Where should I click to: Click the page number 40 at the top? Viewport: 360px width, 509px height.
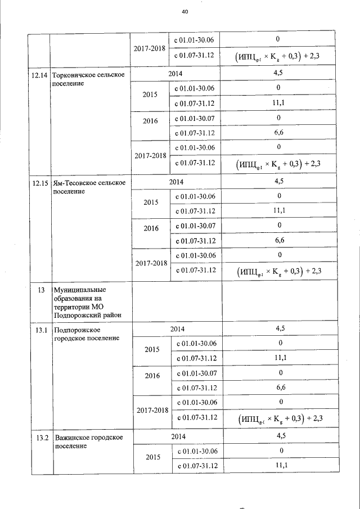click(185, 12)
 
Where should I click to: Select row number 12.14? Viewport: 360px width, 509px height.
click(39, 74)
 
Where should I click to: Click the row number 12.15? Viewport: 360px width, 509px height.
click(39, 182)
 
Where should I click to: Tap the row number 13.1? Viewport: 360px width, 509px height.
click(39, 329)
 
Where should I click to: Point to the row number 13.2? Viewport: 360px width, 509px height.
click(39, 437)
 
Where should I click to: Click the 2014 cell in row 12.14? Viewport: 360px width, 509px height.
click(175, 73)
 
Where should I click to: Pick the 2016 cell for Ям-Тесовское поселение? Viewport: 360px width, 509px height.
click(150, 229)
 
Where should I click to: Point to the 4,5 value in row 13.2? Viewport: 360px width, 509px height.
click(280, 436)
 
